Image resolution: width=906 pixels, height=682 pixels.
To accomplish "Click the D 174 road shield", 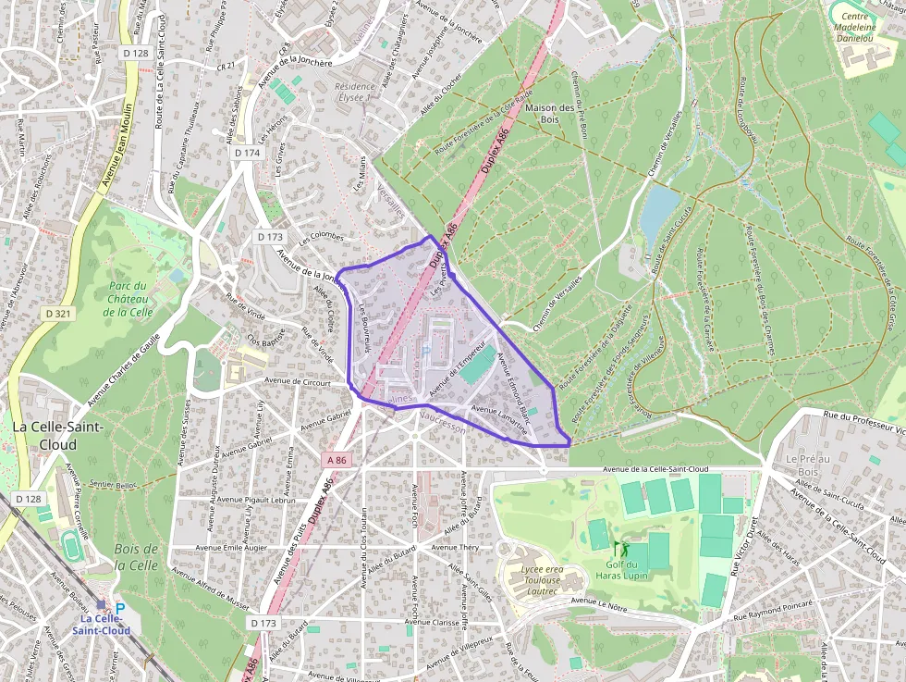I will [248, 153].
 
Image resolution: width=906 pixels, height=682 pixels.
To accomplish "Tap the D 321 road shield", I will [57, 314].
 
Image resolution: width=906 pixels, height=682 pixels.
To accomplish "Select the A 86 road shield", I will [337, 460].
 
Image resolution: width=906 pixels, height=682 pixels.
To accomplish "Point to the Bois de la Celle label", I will [137, 557].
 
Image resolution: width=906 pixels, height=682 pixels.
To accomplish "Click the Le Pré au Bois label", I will [804, 465].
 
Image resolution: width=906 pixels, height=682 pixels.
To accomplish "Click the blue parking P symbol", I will [119, 609].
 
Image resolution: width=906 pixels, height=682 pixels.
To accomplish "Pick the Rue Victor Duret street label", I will [744, 547].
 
